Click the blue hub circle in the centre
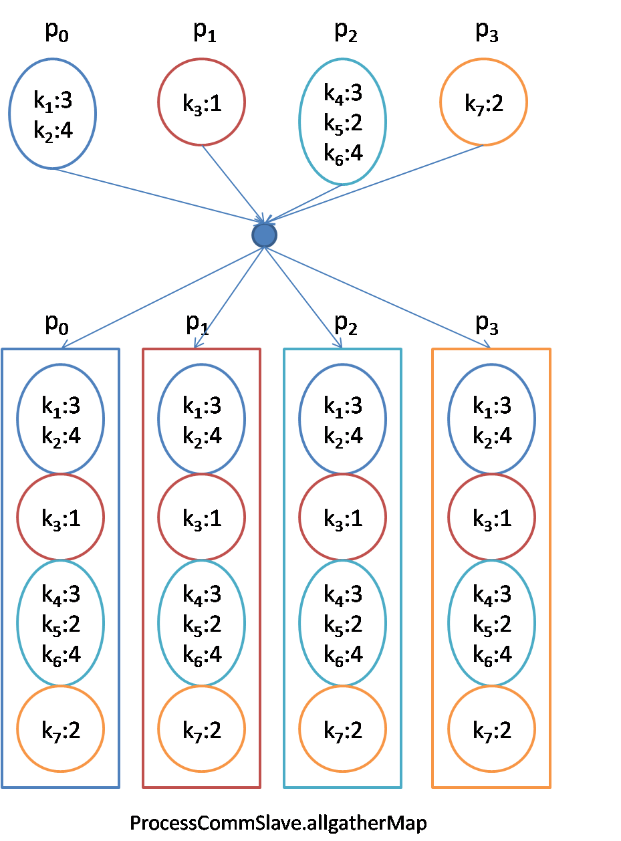pos(265,235)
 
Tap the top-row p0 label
pos(57,33)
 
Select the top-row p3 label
pos(486,33)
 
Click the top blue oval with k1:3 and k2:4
pos(53,114)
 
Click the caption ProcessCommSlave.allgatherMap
pos(278,822)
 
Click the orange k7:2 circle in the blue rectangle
pos(60,729)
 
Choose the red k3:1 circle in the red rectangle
pos(201,518)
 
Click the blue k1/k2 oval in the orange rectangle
pos(491,420)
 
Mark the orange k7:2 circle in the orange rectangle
pos(491,729)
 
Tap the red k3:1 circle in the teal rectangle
pos(342,518)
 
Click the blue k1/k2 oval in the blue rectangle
pos(60,420)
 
